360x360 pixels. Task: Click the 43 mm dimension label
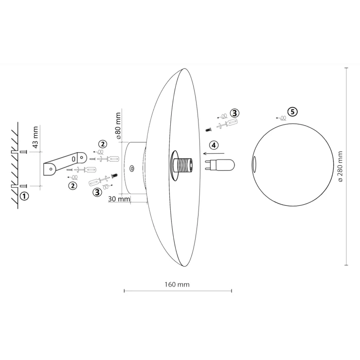[36, 137]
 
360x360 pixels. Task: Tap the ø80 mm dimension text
[118, 126]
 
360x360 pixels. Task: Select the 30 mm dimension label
[119, 199]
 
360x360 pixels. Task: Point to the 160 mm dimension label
[177, 285]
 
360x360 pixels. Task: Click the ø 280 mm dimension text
[340, 166]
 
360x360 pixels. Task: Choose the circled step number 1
[24, 197]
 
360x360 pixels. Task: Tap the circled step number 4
[214, 145]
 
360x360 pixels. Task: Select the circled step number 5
[292, 112]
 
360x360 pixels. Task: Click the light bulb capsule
[219, 165]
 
